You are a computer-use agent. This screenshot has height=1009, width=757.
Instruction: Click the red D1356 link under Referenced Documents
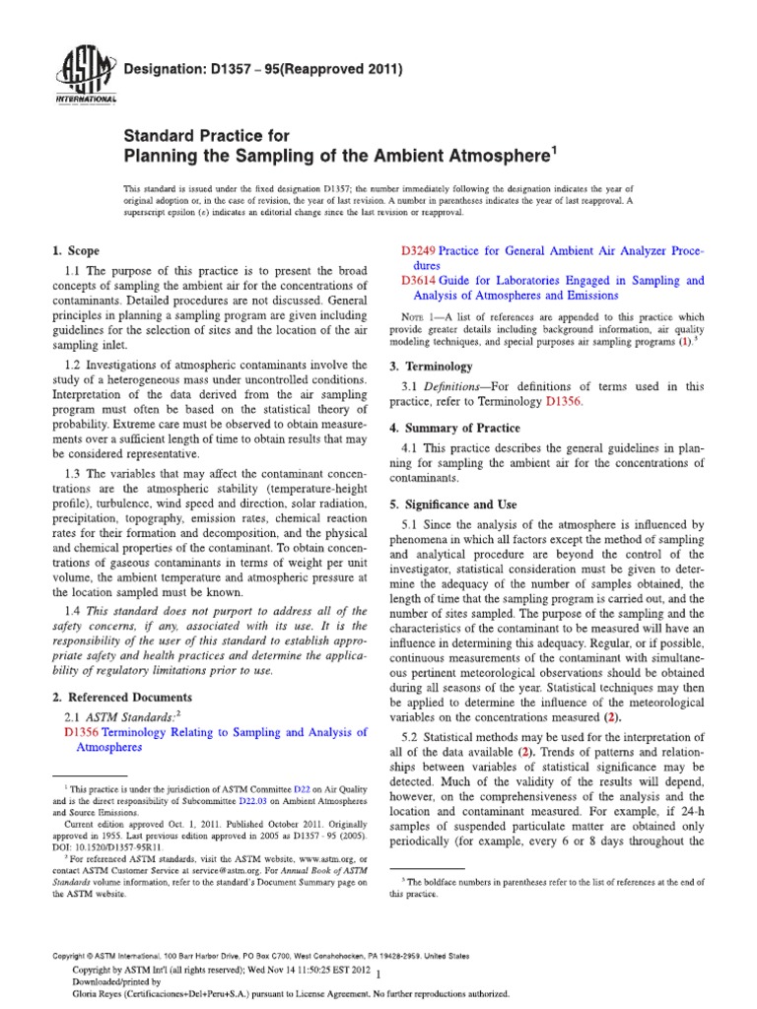(83, 732)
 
